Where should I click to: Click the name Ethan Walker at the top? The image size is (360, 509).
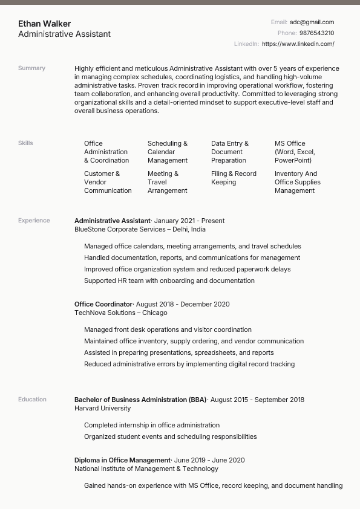coord(44,24)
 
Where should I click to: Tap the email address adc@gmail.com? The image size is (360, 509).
coord(312,22)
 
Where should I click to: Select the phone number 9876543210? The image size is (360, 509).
coord(316,33)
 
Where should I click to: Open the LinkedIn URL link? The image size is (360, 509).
coord(298,44)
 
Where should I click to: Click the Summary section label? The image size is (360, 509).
coord(31,68)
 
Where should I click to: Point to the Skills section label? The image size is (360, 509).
coord(25,143)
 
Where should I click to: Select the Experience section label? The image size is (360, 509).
coord(34,221)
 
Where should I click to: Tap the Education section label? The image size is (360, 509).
coord(32,400)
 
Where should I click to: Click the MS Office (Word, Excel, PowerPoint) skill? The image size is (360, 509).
coord(295,152)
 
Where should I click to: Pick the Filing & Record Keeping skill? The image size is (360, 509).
coord(234,178)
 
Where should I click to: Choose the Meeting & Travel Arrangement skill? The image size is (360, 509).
coord(167,182)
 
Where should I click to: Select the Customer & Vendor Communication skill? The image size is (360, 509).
coord(108,182)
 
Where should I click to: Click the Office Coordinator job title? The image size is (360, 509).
coord(103,304)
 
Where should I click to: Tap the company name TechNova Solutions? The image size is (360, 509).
coord(105,313)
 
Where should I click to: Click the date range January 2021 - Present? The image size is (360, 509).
coord(189,221)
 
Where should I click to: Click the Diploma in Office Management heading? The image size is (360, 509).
coord(122,460)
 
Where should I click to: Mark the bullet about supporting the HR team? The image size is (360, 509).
coord(169,280)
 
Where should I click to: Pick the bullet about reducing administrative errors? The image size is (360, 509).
coord(189,364)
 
